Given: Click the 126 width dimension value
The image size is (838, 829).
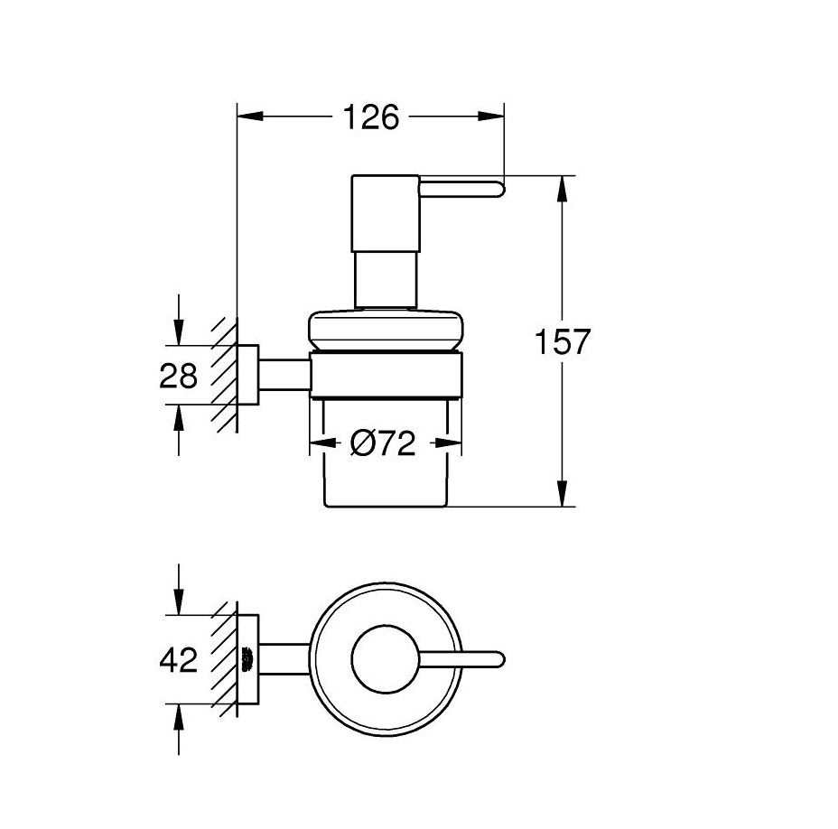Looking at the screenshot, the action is tap(371, 117).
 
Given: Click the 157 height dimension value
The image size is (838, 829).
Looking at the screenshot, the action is tap(563, 341).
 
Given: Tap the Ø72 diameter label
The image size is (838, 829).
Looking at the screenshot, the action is tap(383, 443).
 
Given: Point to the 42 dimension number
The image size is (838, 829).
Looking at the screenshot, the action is tap(179, 659).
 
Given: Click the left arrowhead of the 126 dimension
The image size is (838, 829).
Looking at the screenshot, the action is tap(250, 116).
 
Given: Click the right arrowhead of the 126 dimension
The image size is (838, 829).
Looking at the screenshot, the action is tap(490, 116).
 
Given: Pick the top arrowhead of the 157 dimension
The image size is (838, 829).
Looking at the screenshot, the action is tap(562, 189).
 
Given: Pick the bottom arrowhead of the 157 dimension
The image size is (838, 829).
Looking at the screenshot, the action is tap(562, 493).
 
